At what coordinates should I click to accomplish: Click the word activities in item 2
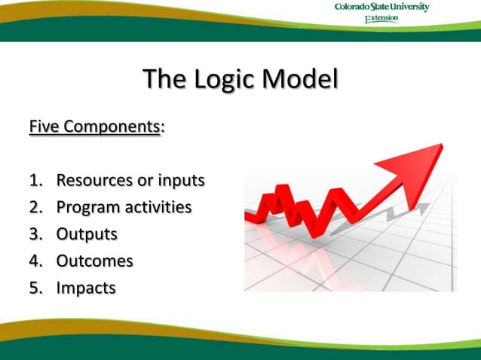coord(158,206)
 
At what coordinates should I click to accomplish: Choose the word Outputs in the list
coord(87,233)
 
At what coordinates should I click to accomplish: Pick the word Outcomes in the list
coord(94,261)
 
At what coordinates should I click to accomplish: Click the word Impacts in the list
coord(86,288)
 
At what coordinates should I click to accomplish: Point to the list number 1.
coord(35,180)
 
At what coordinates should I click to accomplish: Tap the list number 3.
coord(35,233)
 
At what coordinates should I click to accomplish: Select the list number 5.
coord(35,288)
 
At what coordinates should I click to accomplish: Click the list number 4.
coord(35,261)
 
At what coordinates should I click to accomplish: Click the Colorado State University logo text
coord(382,8)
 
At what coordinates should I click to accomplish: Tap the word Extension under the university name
coord(381,19)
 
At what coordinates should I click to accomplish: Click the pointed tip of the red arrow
coord(441,145)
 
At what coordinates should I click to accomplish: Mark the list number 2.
coord(35,207)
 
